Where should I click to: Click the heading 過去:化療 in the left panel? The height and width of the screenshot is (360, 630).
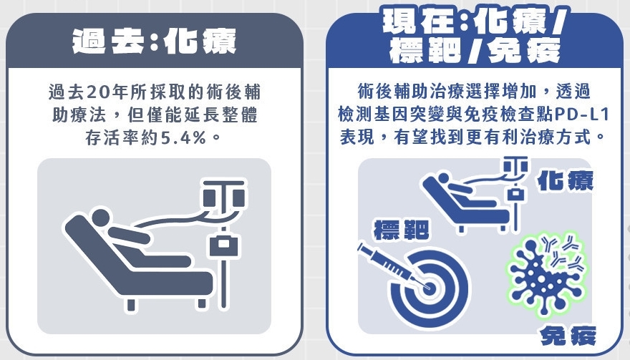(155, 41)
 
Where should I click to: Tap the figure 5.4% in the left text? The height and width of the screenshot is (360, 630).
(183, 138)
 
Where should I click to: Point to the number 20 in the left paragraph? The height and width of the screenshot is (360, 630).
(98, 92)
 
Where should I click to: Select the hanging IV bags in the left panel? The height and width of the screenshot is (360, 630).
(223, 196)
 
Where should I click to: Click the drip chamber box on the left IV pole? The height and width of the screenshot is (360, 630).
(223, 245)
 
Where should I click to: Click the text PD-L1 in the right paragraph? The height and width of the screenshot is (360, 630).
(581, 115)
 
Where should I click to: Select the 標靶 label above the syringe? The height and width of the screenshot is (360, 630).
(401, 230)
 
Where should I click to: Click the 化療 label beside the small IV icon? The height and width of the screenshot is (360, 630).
(566, 180)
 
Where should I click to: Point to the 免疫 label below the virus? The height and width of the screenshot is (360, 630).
(568, 336)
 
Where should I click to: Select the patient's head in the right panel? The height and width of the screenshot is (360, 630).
(443, 178)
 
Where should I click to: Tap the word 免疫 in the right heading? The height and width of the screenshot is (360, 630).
(524, 50)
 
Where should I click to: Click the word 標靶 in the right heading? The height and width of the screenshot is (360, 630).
(425, 50)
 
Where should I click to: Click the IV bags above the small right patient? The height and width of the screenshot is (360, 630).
(515, 165)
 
